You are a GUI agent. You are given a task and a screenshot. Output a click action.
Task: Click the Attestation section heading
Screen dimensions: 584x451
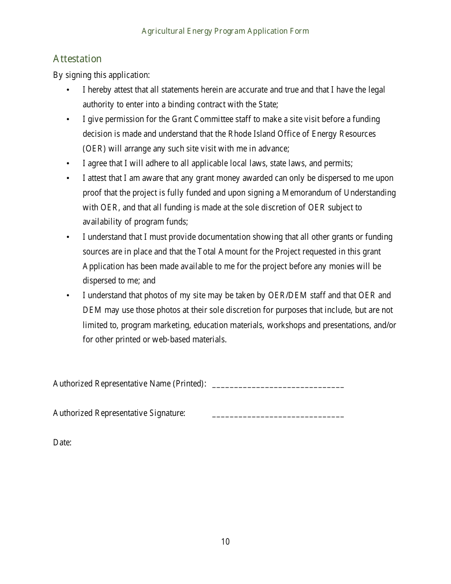coord(77,59)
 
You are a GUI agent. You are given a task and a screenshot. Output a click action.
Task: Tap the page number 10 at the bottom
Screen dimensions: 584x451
coord(225,542)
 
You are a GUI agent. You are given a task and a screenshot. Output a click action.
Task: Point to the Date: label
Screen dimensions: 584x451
coord(62,443)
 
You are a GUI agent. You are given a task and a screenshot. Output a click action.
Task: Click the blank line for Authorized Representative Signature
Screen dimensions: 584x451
coord(278,414)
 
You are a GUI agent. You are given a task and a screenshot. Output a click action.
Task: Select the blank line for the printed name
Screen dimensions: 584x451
coord(278,385)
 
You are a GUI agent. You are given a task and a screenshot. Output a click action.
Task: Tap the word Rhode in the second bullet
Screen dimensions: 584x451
coord(241,134)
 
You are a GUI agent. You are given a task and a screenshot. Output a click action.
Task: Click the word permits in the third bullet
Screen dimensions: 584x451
coord(338,163)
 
